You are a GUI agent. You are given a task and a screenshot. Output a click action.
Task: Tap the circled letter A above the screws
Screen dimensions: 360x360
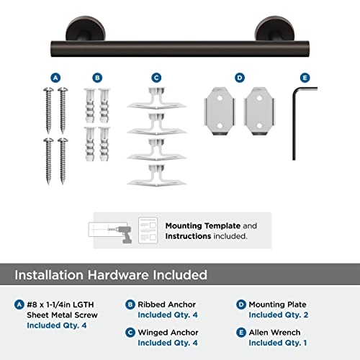(55, 77)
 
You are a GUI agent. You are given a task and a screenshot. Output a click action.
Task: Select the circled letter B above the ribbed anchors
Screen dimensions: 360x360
(98, 77)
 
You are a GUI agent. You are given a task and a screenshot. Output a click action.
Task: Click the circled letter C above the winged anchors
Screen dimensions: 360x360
(156, 77)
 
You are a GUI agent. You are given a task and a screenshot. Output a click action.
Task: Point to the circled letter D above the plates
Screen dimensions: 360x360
(239, 77)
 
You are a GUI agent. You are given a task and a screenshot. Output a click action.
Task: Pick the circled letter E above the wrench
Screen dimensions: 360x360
(305, 77)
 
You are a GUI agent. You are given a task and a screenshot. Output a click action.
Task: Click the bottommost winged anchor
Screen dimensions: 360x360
(156, 175)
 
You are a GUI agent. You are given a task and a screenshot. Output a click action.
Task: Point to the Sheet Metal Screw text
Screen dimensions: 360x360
(63, 315)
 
